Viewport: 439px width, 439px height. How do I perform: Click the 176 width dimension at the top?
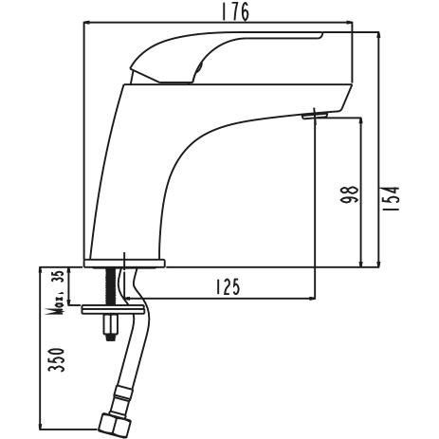tap(235, 12)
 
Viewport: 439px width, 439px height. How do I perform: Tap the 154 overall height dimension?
tap(393, 199)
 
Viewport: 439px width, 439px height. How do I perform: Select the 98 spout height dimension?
tap(350, 194)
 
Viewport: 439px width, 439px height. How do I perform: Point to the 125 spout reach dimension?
tap(228, 287)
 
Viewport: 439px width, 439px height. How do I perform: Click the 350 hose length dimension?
tap(58, 359)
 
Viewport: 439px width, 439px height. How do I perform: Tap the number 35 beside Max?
tap(61, 276)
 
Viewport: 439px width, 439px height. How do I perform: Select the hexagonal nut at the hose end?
tap(115, 425)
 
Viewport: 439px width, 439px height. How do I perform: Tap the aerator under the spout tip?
tap(315, 116)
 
